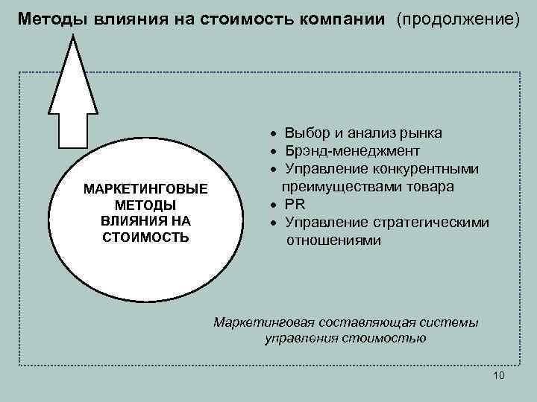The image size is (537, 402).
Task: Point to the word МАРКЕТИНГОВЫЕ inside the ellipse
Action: [x=146, y=188]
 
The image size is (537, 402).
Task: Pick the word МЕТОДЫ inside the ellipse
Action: [x=146, y=205]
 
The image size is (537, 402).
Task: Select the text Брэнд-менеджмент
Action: [x=347, y=151]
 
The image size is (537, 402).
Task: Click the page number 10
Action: [x=499, y=375]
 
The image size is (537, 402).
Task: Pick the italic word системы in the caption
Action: [x=455, y=322]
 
